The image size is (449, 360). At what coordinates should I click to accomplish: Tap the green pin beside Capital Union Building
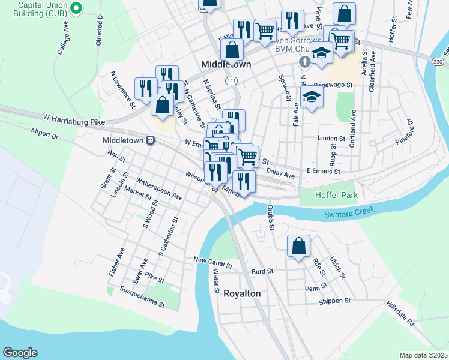click(x=76, y=8)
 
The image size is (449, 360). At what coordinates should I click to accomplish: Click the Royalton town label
click(x=242, y=293)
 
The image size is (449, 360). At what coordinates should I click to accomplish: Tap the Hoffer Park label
click(x=337, y=195)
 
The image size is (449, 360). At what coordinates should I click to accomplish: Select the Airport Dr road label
click(x=44, y=133)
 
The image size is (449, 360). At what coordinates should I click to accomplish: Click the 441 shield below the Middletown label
click(x=231, y=80)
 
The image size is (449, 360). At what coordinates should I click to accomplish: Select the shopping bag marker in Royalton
click(x=298, y=246)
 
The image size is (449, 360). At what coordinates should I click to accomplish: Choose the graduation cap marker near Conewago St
click(x=312, y=98)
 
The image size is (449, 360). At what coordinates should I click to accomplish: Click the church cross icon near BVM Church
click(x=304, y=61)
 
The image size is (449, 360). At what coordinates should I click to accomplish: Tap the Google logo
click(x=20, y=353)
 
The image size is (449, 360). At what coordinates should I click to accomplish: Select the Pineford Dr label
click(x=405, y=132)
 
